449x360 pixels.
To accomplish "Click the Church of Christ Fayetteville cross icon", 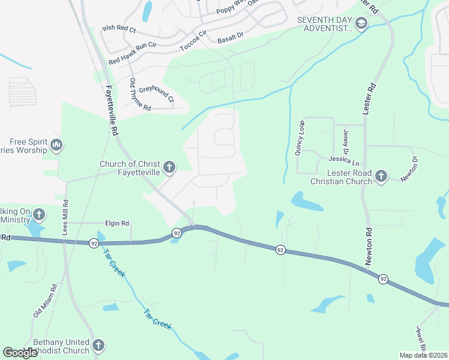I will click(x=169, y=167).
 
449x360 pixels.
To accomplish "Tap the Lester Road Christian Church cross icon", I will click(x=380, y=176).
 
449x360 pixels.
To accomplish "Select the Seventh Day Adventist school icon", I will click(x=361, y=24).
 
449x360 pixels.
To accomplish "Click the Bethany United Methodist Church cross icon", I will click(x=98, y=346).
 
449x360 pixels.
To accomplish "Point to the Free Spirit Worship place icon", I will click(x=56, y=145).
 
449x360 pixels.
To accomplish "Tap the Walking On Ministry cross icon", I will click(x=39, y=214).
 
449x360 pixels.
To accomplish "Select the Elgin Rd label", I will click(x=117, y=223).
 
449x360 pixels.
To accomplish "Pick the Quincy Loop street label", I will click(x=299, y=138).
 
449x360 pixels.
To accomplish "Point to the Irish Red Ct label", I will click(x=120, y=28).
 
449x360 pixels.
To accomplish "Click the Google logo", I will click(x=20, y=352).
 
